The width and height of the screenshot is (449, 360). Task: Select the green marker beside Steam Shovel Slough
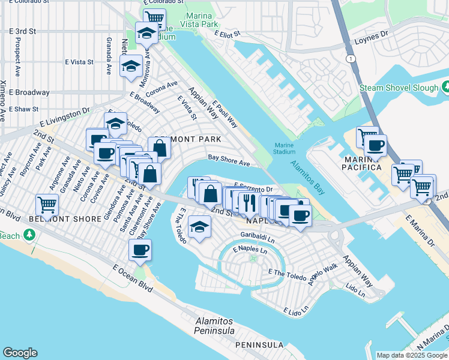pyautogui.click(x=445, y=88)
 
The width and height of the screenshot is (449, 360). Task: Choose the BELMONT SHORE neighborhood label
pyautogui.click(x=65, y=219)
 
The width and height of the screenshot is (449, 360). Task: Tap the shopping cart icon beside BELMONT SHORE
pyautogui.click(x=47, y=205)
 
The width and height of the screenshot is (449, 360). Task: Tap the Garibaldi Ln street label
pyautogui.click(x=258, y=236)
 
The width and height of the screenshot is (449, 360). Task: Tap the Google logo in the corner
pyautogui.click(x=20, y=353)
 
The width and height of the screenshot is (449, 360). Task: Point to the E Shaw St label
pyautogui.click(x=23, y=109)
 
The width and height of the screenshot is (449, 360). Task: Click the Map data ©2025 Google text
pyautogui.click(x=411, y=355)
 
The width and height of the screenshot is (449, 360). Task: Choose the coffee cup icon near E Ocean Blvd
pyautogui.click(x=140, y=250)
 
